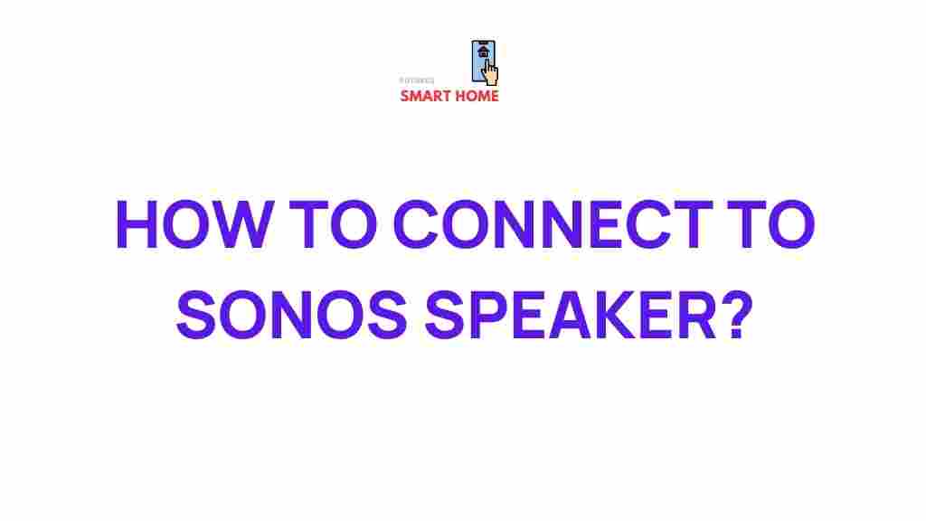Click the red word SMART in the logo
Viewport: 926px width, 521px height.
pyautogui.click(x=426, y=96)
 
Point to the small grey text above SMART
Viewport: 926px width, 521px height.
pyautogui.click(x=417, y=81)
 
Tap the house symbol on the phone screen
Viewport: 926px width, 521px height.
pyautogui.click(x=483, y=52)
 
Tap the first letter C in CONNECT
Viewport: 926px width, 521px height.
pyautogui.click(x=424, y=228)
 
